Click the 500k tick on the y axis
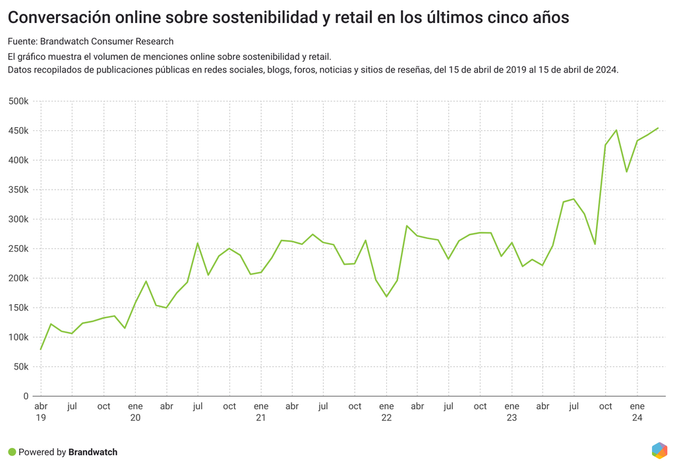[x=18, y=101]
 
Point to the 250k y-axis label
[x=18, y=249]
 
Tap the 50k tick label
[x=20, y=367]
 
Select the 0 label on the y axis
[x=26, y=396]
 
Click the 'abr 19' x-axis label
[x=41, y=412]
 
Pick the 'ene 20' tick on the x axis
[x=135, y=412]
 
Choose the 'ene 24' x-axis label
[x=637, y=412]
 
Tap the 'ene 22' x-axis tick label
[x=386, y=412]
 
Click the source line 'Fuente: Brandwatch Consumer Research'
[x=90, y=41]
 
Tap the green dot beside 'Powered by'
[x=12, y=452]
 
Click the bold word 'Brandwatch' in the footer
[x=93, y=452]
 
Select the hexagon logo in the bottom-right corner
[x=659, y=451]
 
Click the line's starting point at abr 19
[x=41, y=349]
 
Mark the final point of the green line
[x=658, y=128]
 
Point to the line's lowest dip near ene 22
[x=386, y=296]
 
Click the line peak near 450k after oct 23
[x=616, y=130]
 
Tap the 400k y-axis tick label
[x=18, y=160]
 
